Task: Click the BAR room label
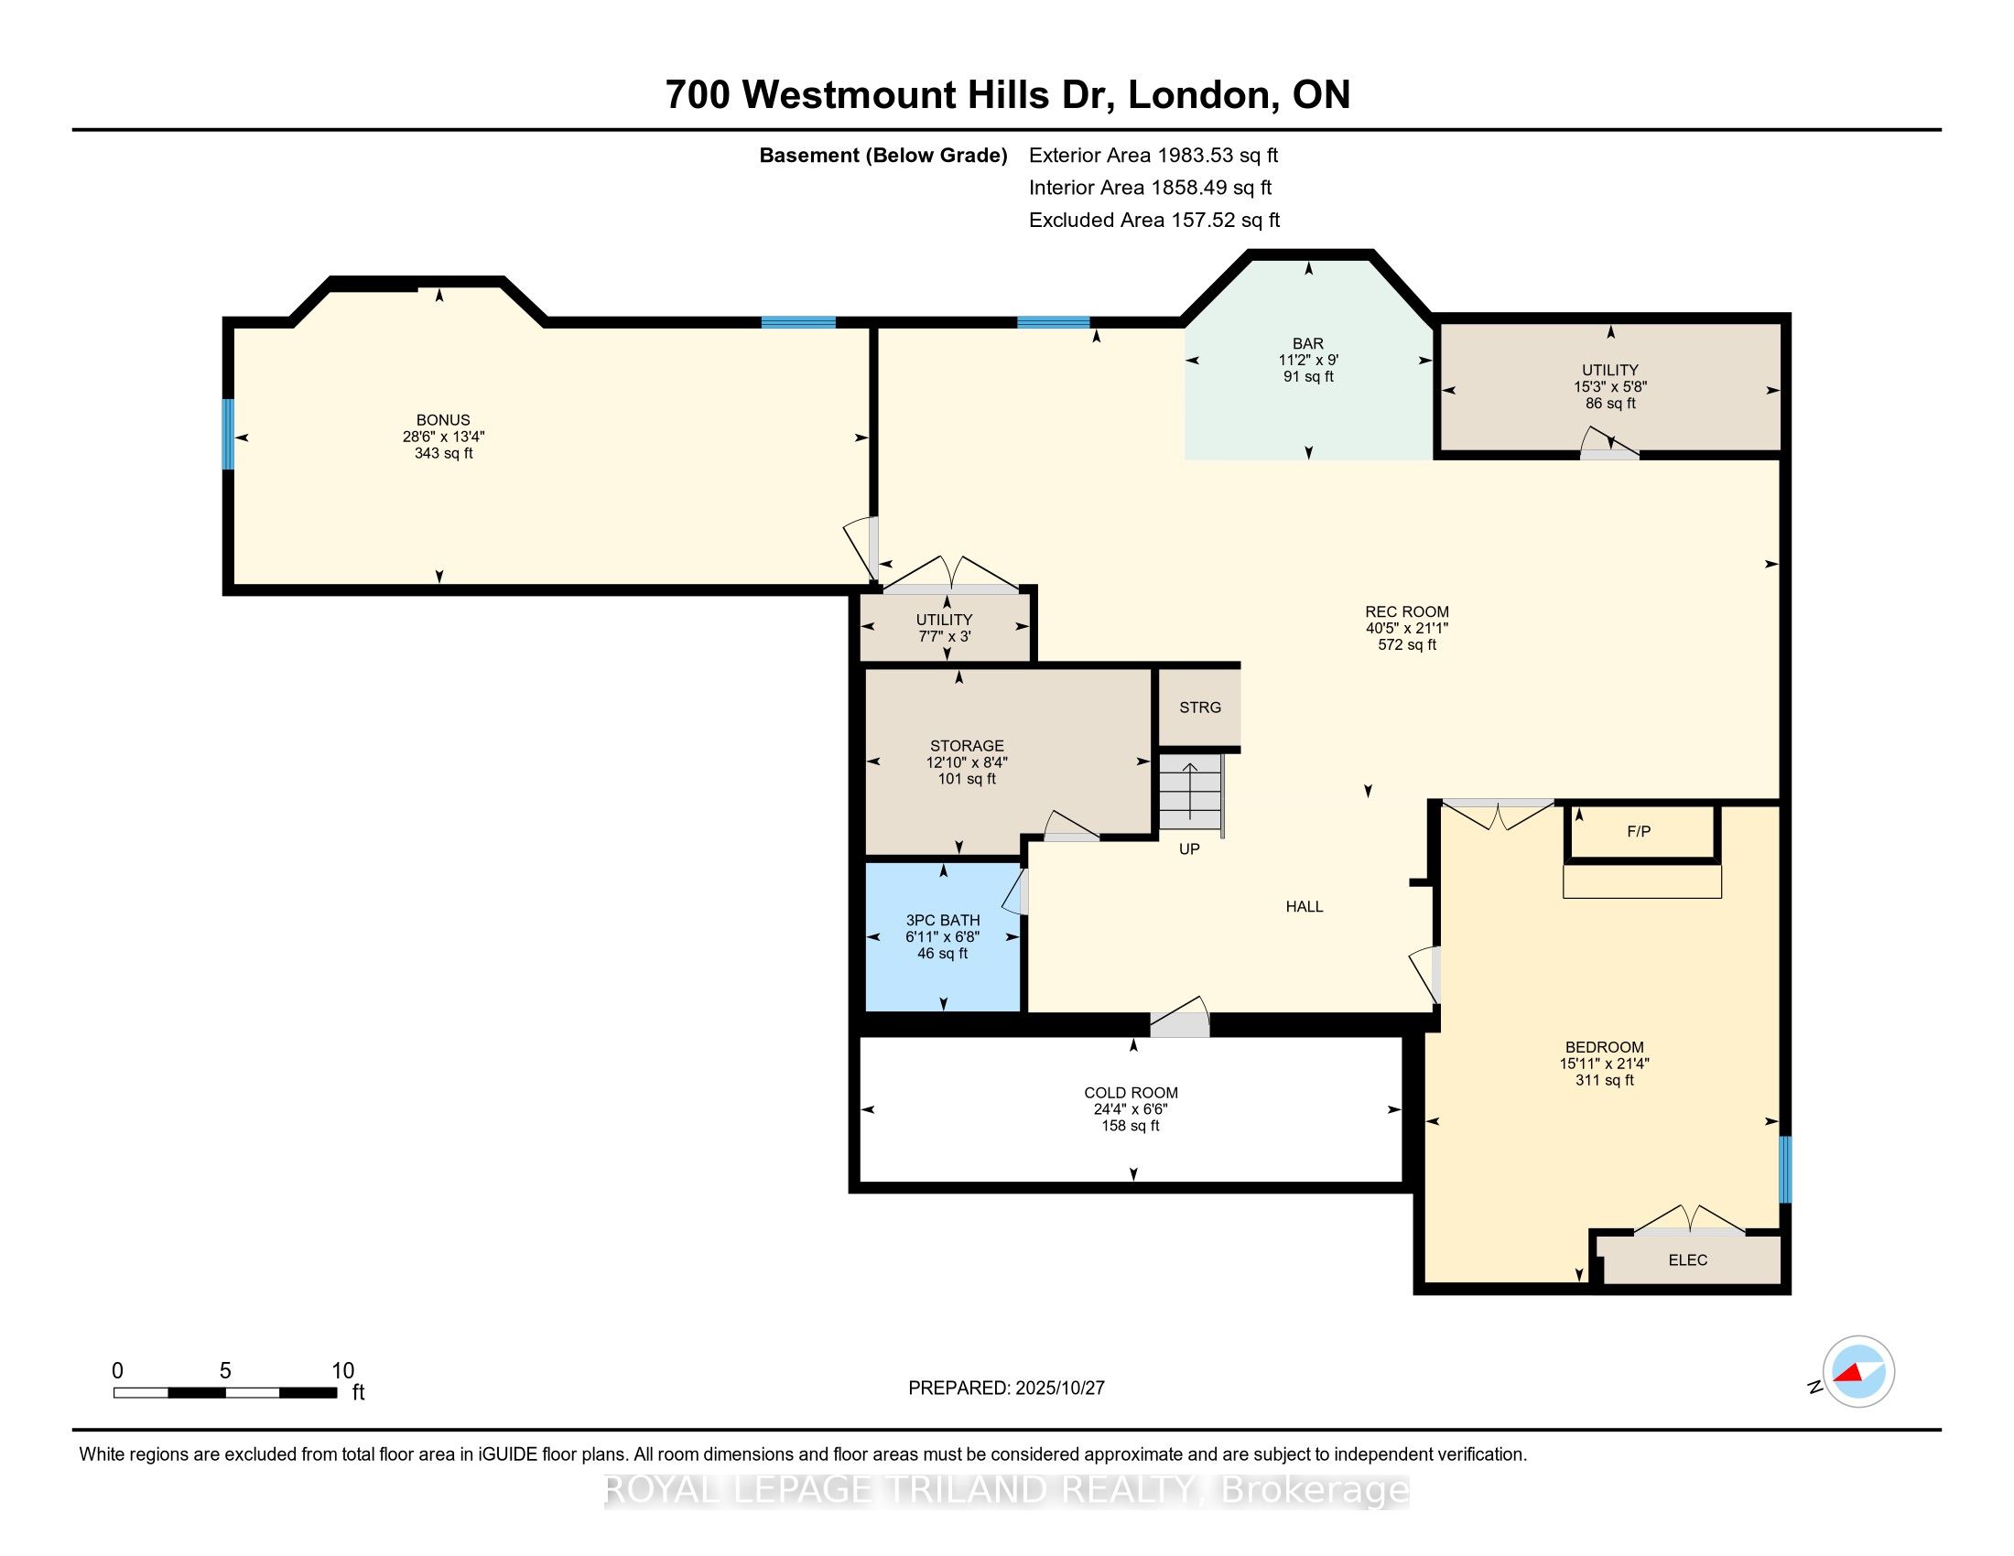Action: click(1307, 344)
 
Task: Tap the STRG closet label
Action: click(1200, 707)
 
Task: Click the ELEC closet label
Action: click(1687, 1260)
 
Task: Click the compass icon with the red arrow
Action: click(1858, 1372)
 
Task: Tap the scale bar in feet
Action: click(225, 1392)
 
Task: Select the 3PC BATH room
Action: click(942, 936)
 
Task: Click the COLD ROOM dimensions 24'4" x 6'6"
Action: click(1131, 1110)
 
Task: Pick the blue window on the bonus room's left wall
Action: click(228, 433)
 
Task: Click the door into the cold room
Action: click(1179, 1020)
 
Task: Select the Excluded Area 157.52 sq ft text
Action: click(1153, 221)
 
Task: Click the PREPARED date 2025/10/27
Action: click(1006, 1389)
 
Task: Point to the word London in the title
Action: click(1198, 95)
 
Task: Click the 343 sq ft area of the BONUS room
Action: click(444, 453)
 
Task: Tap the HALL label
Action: click(1304, 907)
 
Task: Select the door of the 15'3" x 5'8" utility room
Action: click(1609, 447)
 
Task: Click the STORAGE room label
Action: click(967, 746)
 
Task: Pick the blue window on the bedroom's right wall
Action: click(1784, 1170)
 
